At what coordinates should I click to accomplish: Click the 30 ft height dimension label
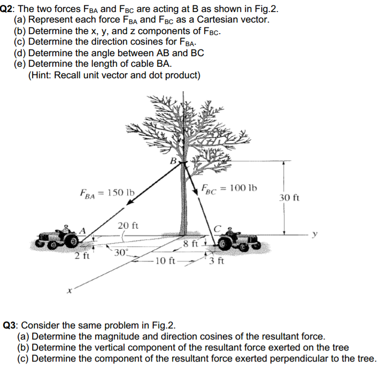click(x=289, y=197)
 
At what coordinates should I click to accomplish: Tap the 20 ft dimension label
click(x=128, y=225)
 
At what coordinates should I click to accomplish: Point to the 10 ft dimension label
click(x=165, y=260)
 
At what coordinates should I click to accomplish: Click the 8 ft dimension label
click(x=191, y=243)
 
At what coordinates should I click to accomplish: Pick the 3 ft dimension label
click(x=217, y=261)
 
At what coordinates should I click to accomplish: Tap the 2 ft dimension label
click(x=82, y=255)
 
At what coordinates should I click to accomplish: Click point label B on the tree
click(x=173, y=161)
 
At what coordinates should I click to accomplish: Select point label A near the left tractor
click(x=83, y=230)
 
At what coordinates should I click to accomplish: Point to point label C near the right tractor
click(x=217, y=229)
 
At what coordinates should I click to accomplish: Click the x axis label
click(x=69, y=291)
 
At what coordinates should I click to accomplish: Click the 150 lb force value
click(x=121, y=192)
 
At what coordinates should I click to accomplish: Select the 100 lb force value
click(x=243, y=188)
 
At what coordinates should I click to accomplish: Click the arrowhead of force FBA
click(x=130, y=202)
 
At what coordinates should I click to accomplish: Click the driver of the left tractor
click(x=66, y=229)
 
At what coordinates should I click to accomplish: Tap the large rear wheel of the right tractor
click(x=225, y=243)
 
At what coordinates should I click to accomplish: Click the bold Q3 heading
click(x=10, y=326)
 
